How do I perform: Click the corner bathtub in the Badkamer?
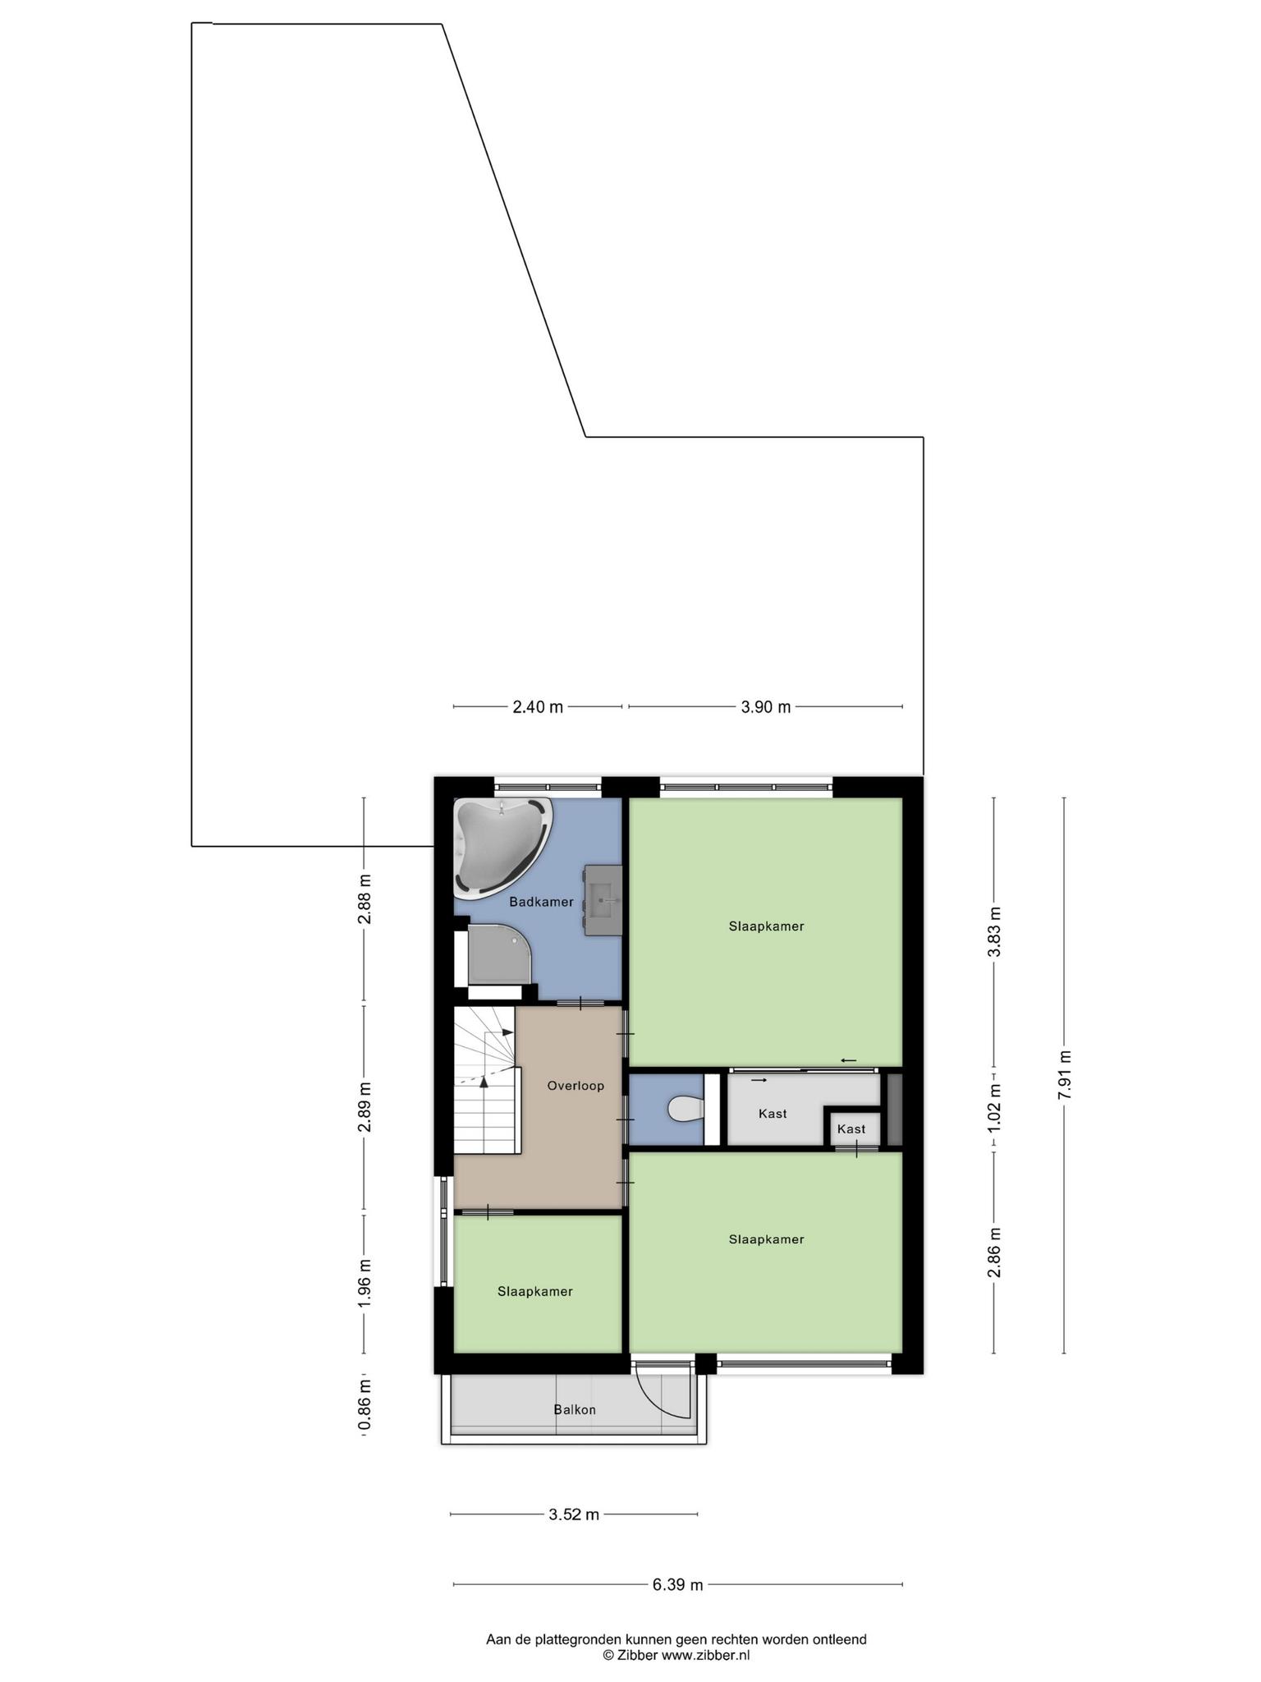(x=502, y=848)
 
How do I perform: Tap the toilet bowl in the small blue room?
(x=686, y=1109)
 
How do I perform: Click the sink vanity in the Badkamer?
(x=603, y=900)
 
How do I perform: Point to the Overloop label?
(x=575, y=1086)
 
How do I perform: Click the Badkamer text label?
(x=541, y=902)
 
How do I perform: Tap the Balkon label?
(x=575, y=1409)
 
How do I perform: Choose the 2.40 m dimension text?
(x=538, y=706)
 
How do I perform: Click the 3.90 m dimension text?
(x=766, y=706)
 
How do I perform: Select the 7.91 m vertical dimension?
(x=1064, y=1075)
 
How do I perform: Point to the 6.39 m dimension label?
(x=678, y=1585)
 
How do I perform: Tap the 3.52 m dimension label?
(x=574, y=1514)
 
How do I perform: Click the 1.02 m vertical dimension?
(x=994, y=1108)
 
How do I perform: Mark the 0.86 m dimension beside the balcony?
(x=365, y=1404)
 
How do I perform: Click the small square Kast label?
(x=851, y=1129)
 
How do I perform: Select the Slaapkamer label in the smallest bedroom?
(x=535, y=1291)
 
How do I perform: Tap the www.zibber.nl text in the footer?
(x=706, y=1656)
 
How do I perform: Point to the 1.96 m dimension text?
(x=365, y=1284)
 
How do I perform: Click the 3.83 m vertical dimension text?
(x=994, y=931)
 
